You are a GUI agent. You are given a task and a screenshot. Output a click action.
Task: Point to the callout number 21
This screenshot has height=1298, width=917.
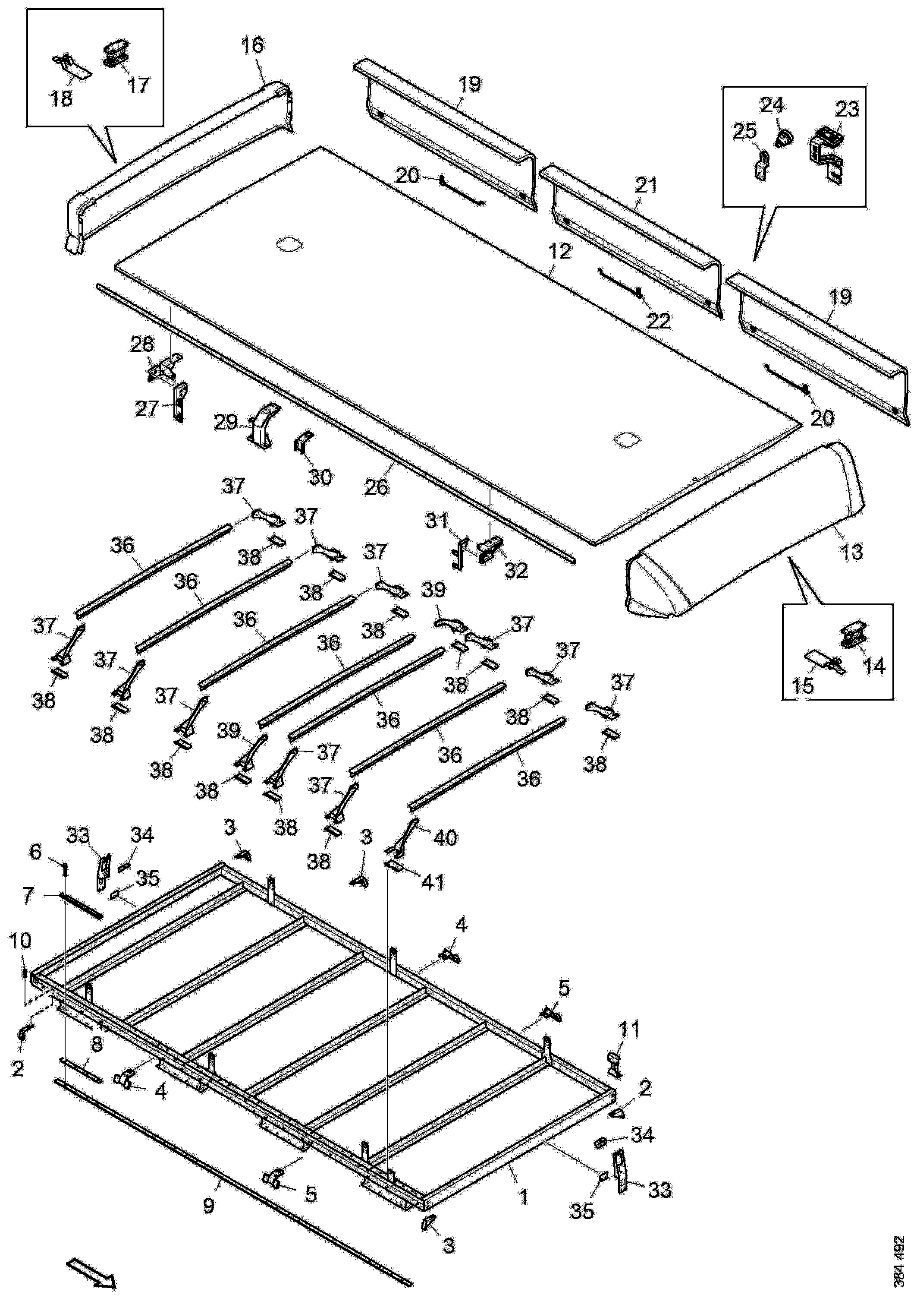pyautogui.click(x=647, y=185)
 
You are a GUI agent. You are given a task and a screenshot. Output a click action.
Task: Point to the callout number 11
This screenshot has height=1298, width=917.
pyautogui.click(x=630, y=1030)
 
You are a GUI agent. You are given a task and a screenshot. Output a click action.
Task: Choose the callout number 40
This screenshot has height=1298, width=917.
pyautogui.click(x=444, y=837)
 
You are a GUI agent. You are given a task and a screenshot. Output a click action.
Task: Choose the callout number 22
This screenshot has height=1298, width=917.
pyautogui.click(x=658, y=321)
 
